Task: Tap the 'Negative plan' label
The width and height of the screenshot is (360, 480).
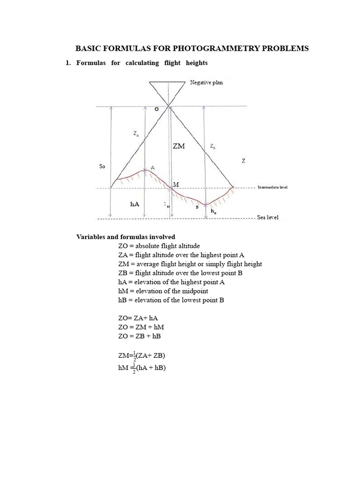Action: (206, 82)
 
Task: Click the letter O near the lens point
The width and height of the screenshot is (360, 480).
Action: (157, 109)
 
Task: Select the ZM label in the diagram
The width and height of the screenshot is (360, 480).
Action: (179, 146)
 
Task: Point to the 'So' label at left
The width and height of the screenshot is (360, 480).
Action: (103, 166)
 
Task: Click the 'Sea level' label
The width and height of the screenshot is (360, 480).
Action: (268, 218)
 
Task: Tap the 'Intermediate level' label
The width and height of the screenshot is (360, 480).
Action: (272, 187)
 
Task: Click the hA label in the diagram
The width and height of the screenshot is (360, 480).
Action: (135, 204)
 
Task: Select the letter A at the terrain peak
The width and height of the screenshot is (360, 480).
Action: (152, 168)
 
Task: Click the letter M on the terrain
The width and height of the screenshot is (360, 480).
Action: (176, 185)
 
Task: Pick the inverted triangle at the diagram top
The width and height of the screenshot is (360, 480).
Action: (167, 90)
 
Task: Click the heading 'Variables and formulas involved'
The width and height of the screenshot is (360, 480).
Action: (126, 237)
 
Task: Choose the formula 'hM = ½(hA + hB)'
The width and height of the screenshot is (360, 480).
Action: (142, 368)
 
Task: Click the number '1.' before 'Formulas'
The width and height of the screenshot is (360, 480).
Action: (68, 63)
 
